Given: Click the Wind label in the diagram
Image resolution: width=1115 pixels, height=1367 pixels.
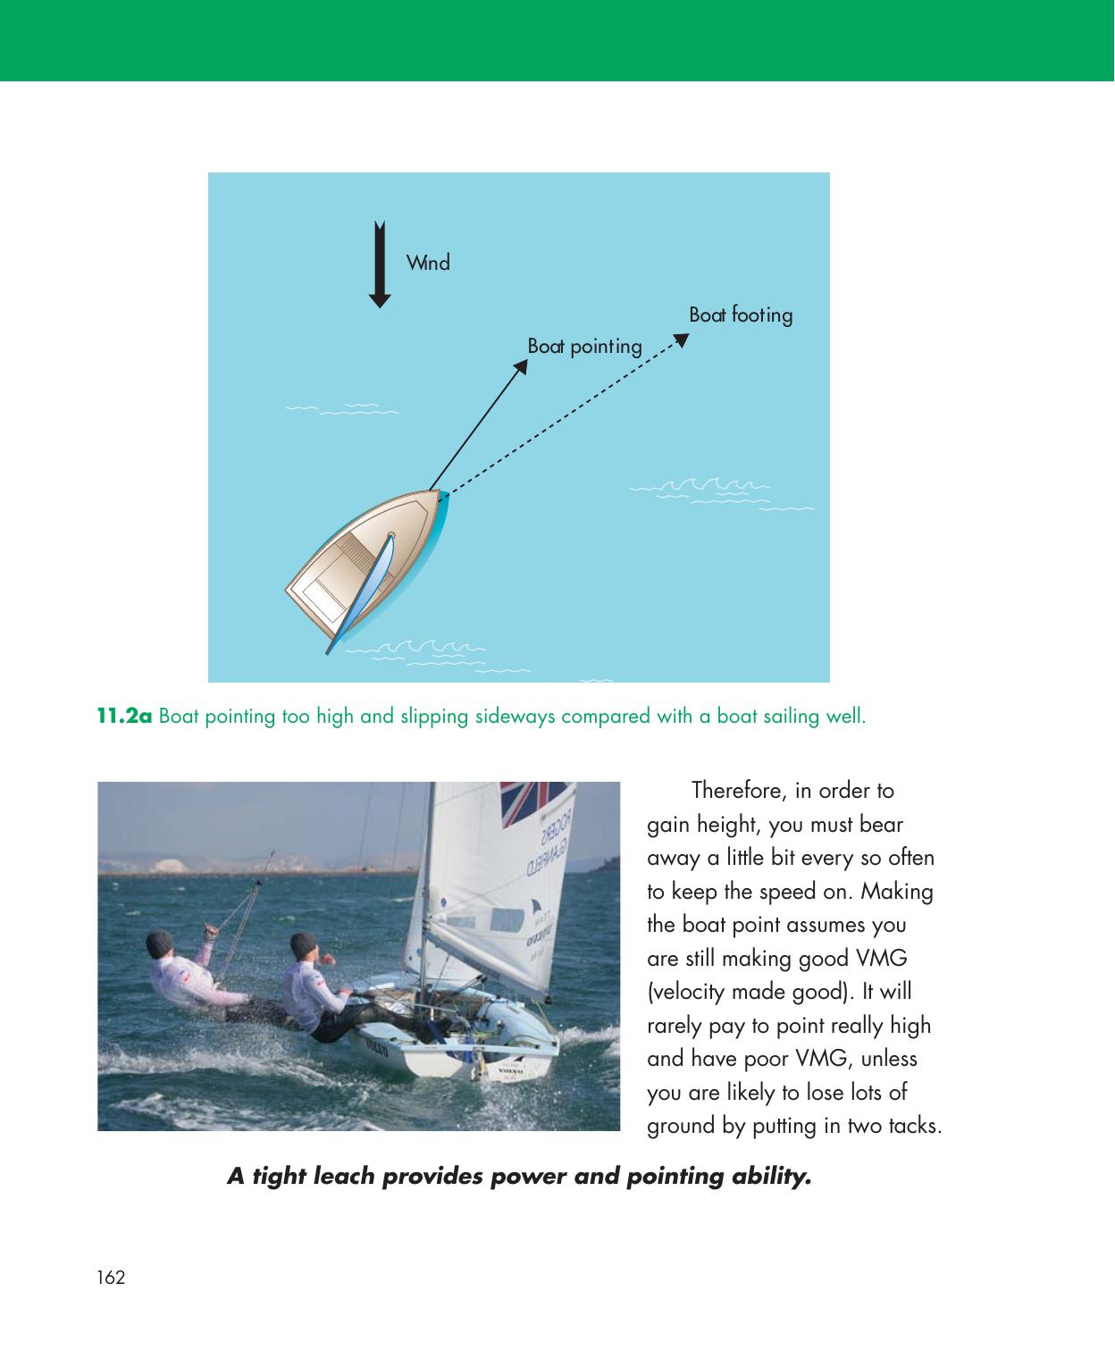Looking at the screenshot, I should click(x=428, y=263).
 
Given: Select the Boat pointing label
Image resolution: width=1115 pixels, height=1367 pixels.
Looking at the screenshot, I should click(x=584, y=346).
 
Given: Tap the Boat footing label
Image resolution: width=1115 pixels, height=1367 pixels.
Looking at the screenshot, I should click(x=741, y=314).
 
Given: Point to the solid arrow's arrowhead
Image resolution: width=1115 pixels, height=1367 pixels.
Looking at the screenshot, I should click(x=522, y=366).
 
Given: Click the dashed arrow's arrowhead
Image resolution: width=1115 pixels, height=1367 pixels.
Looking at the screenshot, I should click(x=681, y=340).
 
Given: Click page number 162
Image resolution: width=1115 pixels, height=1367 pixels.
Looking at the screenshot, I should click(x=112, y=1278).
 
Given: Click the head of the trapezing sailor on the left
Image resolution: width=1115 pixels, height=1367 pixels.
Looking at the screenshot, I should click(x=161, y=943).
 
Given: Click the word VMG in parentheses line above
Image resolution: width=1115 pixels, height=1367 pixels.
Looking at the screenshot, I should click(x=881, y=959).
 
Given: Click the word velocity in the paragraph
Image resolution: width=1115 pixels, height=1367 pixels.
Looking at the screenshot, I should click(x=684, y=992).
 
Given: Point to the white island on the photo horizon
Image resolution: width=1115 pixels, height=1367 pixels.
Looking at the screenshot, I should click(x=171, y=864).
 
